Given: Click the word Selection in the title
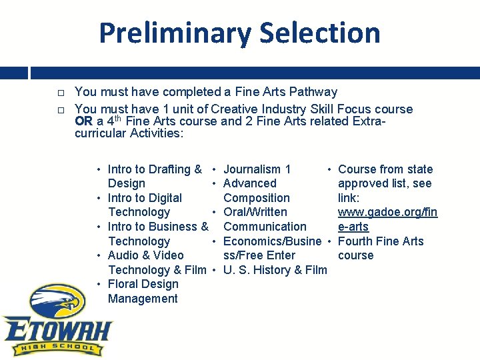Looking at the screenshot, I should click(320, 33).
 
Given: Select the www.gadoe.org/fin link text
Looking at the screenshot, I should click(387, 212).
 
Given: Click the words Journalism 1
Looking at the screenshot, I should click(257, 169).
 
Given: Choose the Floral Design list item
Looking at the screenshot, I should click(143, 284).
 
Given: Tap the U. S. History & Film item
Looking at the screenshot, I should click(275, 270).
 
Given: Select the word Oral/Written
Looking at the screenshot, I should click(255, 212).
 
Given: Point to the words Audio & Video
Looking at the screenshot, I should click(145, 255).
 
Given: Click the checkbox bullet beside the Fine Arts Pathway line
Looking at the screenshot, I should click(60, 93).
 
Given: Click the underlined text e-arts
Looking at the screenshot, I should click(353, 227).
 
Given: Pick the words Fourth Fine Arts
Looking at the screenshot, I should click(381, 241).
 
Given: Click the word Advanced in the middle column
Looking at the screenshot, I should click(250, 183).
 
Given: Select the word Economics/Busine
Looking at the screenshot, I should click(272, 241).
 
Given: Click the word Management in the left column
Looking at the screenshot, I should click(143, 299).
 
